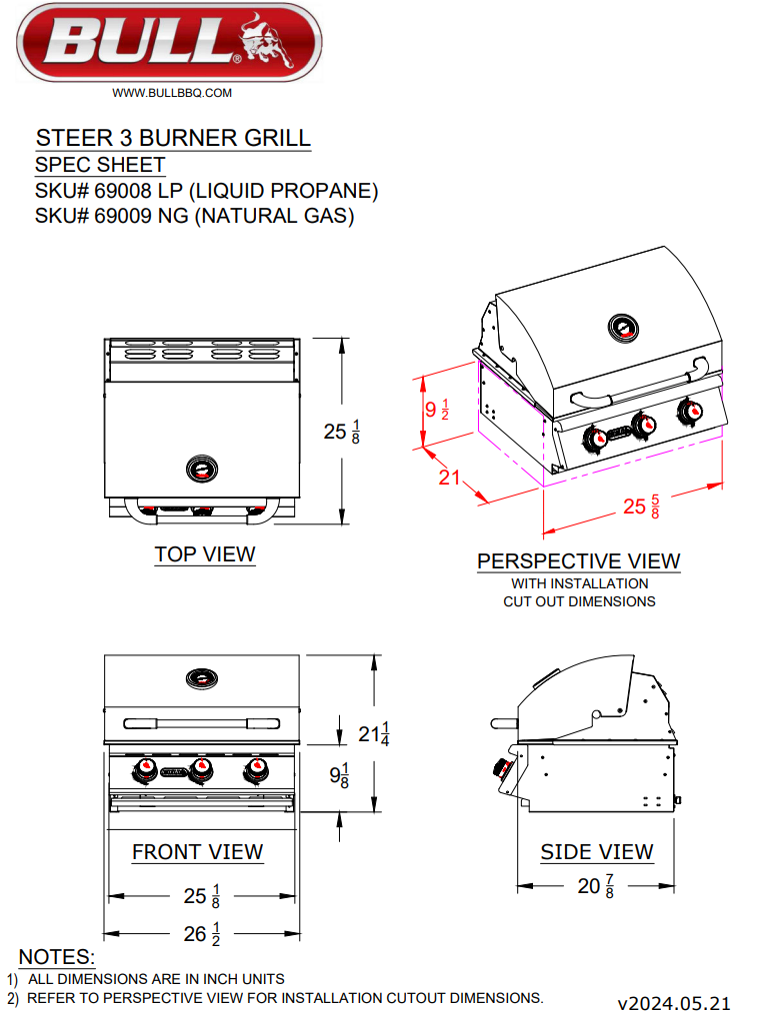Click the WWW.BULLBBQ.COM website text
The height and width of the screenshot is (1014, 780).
click(172, 93)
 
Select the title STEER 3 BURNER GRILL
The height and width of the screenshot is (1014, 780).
click(173, 138)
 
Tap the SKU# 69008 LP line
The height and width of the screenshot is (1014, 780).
click(206, 191)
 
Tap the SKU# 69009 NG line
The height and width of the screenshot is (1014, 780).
click(194, 216)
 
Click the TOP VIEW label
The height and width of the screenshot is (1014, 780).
click(205, 553)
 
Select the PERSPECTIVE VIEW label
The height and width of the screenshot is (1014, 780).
click(578, 561)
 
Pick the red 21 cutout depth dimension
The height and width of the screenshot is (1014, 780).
click(450, 478)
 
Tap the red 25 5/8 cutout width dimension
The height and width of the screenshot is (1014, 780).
click(641, 507)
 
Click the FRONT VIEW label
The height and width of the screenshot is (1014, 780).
click(198, 852)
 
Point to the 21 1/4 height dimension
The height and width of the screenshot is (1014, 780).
click(374, 733)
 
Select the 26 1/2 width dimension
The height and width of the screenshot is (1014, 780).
click(203, 934)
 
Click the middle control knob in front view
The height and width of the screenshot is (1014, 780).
click(202, 769)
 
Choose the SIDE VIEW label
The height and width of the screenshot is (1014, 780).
click(597, 852)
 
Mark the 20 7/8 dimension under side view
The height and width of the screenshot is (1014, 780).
click(596, 885)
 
